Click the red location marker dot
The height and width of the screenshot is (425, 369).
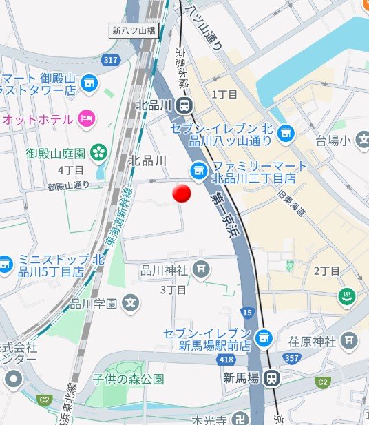181,194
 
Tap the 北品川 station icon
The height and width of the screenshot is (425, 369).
184,105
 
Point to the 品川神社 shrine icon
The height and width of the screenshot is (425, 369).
201,269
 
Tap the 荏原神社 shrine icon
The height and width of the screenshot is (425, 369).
350,340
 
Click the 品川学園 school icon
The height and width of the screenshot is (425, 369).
131,302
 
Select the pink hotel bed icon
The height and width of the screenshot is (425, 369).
86,118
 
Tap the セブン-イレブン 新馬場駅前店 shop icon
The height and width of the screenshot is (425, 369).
261,338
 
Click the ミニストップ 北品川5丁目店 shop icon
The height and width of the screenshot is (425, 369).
5,263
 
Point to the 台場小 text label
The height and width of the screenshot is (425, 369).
333,141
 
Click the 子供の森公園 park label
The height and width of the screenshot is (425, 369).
129,378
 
